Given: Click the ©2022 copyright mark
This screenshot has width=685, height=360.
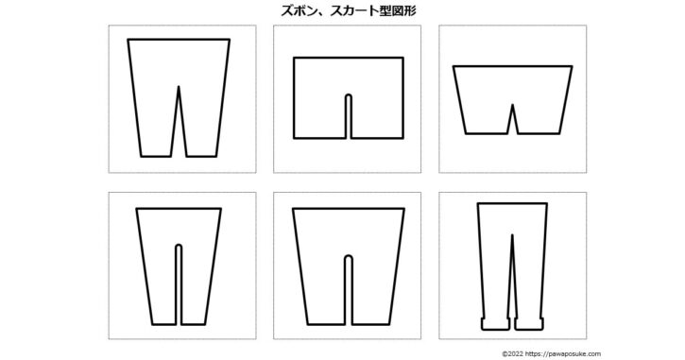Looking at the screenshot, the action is coord(512,354).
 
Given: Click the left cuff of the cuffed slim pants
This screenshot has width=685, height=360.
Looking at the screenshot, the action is coord(495,324).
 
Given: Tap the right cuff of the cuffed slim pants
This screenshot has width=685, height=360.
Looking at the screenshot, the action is coord(528,324).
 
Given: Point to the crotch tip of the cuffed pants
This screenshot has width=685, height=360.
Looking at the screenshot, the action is coord(512,235).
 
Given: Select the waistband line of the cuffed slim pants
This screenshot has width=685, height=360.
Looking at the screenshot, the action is coord(512,203).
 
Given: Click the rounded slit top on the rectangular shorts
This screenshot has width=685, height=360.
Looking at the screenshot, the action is coord(349,95).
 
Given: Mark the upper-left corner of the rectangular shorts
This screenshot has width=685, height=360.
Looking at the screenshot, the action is coord(294,58).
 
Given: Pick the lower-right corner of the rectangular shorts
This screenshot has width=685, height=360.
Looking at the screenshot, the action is coord(402,138).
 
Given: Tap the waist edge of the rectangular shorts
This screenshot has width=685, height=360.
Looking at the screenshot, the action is coord(349,58).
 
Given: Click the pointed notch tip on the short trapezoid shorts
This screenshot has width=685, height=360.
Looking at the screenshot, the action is coord(512,105).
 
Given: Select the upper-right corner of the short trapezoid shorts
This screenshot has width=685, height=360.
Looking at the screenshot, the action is coord(572,66).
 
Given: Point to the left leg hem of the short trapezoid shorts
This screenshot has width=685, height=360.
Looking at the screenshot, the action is coord(487,133).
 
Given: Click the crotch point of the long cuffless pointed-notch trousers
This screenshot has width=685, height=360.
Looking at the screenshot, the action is coord(179,87).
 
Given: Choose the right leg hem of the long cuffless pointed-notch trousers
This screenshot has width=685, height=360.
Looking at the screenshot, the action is coord(201,156).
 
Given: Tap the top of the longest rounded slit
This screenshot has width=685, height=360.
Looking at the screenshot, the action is coord(179,246).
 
